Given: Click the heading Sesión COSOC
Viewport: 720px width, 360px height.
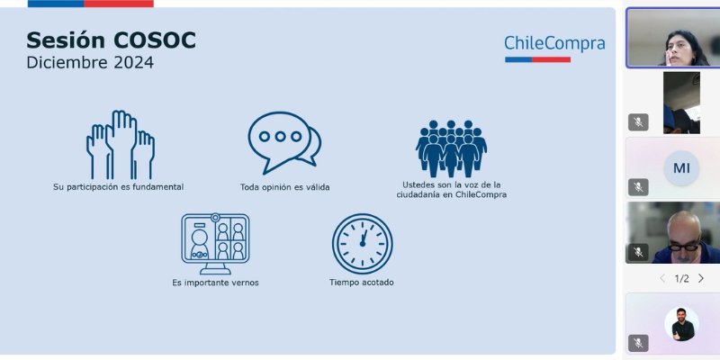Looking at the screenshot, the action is tap(111, 40).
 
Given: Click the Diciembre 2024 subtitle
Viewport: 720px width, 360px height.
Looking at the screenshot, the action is tap(90, 62).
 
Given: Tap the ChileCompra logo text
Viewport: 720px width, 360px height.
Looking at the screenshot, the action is tap(554, 43).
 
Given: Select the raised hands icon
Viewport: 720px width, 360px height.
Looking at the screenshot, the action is tap(121, 145).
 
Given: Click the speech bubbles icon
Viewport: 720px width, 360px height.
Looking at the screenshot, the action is tap(284, 143).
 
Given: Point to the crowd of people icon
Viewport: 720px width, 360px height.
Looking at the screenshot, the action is tap(451, 148).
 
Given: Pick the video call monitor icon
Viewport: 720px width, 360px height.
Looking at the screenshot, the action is tap(215, 244).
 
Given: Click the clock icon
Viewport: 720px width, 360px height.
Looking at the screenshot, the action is tap(363, 244).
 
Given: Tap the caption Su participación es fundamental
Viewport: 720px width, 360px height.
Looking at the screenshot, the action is tap(119, 187).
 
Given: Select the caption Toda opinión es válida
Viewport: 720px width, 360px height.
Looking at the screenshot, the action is tap(284, 187).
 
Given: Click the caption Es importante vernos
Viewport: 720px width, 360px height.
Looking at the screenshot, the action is tap(215, 283).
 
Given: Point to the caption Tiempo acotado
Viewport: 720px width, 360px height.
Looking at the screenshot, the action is tap(362, 283).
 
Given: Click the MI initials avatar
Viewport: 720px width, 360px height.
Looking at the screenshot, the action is tap(681, 168).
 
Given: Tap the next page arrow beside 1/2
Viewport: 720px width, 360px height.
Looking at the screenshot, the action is tap(701, 278).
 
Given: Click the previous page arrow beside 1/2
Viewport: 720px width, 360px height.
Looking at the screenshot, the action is tap(662, 278).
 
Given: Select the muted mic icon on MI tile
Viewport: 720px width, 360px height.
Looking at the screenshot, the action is tap(638, 187).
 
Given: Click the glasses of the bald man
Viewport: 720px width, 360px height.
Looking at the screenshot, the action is tap(684, 247).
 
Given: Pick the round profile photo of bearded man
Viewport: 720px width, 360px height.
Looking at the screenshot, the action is tap(681, 324).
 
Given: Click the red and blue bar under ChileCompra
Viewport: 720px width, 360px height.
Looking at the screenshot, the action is tap(537, 59).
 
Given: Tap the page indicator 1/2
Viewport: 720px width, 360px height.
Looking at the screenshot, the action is tap(681, 279).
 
